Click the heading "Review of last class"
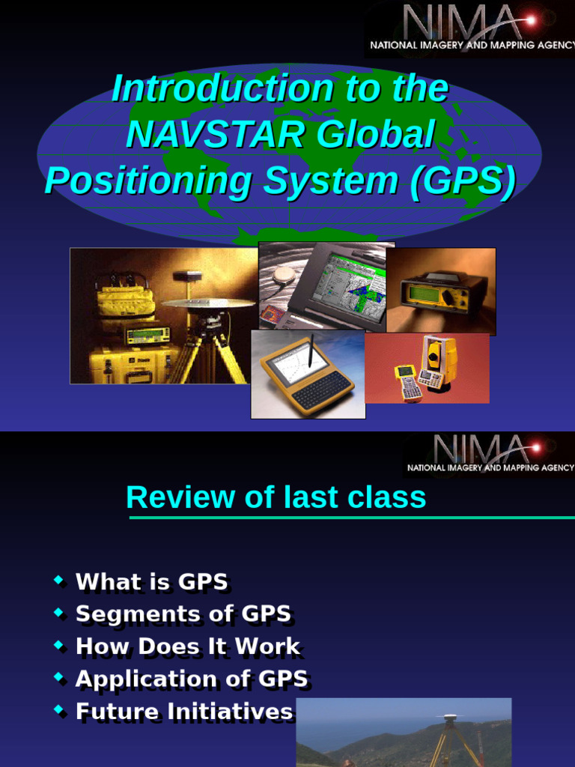tap(276, 497)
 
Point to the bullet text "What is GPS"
tap(152, 582)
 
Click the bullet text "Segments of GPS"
tap(183, 614)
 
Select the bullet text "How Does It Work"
tap(188, 646)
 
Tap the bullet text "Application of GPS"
tap(192, 679)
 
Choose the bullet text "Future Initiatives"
tap(184, 712)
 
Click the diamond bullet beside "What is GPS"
tap(59, 580)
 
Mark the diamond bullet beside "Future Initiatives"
tap(59, 710)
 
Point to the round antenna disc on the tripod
tap(208, 303)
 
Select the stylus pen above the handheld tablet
tap(310, 351)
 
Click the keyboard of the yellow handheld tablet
tap(320, 389)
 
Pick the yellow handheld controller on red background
tap(408, 382)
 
